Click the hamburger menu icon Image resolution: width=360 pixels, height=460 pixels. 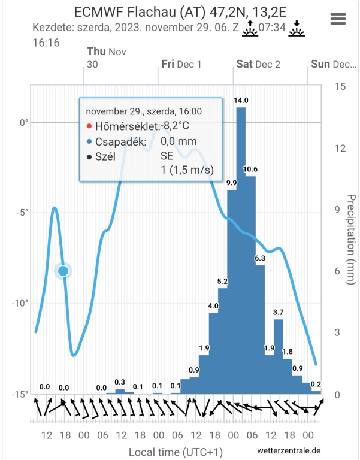tap(338, 19)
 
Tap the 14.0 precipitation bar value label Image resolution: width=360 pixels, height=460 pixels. tap(241, 101)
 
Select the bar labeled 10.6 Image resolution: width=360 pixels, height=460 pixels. tap(251, 282)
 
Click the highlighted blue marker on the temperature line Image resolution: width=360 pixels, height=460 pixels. tap(63, 271)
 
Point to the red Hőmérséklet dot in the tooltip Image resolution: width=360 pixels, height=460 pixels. tap(89, 126)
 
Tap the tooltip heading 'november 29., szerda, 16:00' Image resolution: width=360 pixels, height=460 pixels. tap(144, 111)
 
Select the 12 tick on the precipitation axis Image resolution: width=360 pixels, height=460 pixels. tap(339, 149)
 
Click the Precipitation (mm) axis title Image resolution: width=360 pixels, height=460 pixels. tap(351, 240)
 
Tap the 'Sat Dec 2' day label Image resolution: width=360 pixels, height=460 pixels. tap(258, 64)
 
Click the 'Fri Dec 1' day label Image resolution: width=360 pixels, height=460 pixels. tap(181, 64)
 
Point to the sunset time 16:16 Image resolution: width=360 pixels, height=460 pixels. tap(46, 43)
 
